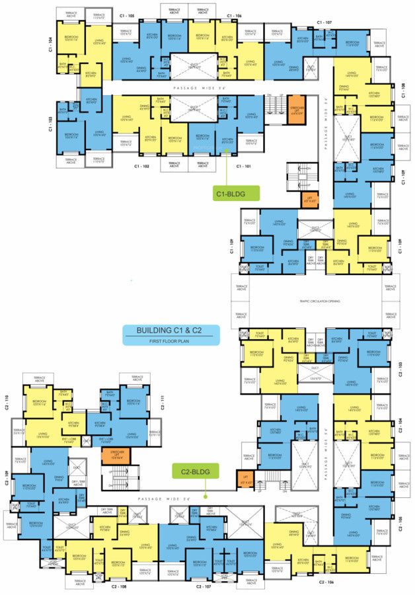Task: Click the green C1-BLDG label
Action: point(236,194)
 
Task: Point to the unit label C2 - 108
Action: point(119,586)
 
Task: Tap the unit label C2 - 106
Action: point(328,582)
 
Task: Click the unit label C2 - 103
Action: point(400,369)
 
